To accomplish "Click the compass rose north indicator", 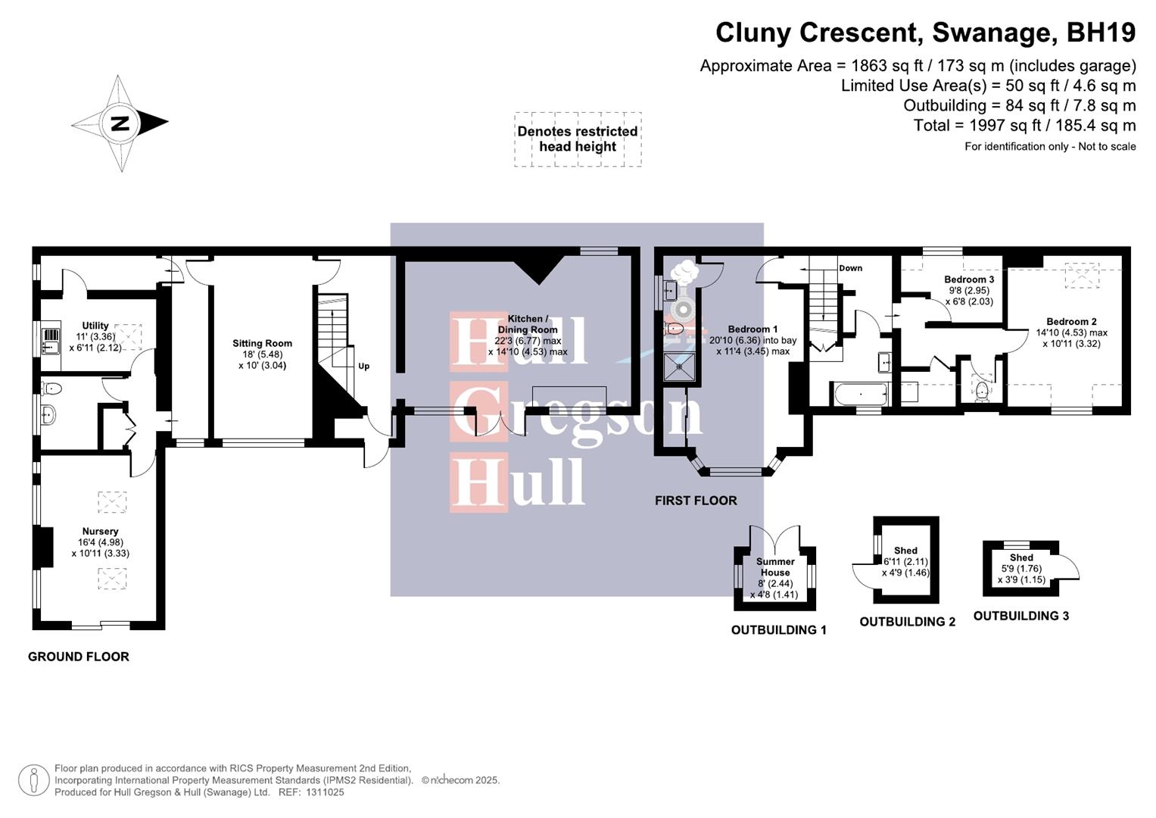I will point(120,123).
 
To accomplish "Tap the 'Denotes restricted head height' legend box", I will point(578,139).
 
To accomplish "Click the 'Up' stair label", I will point(363,367).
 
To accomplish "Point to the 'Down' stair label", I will point(850,268).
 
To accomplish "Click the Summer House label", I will point(775,567).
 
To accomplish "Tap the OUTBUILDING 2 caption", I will point(907,622).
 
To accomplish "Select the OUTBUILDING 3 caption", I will point(1020,616).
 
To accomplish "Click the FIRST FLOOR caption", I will point(696,501).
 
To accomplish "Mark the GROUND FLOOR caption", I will point(79,657).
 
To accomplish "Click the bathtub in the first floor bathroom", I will point(860,394).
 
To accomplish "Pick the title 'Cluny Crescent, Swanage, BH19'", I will point(925,33).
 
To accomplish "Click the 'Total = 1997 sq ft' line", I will point(1024,126).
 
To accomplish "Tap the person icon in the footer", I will point(34,780).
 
